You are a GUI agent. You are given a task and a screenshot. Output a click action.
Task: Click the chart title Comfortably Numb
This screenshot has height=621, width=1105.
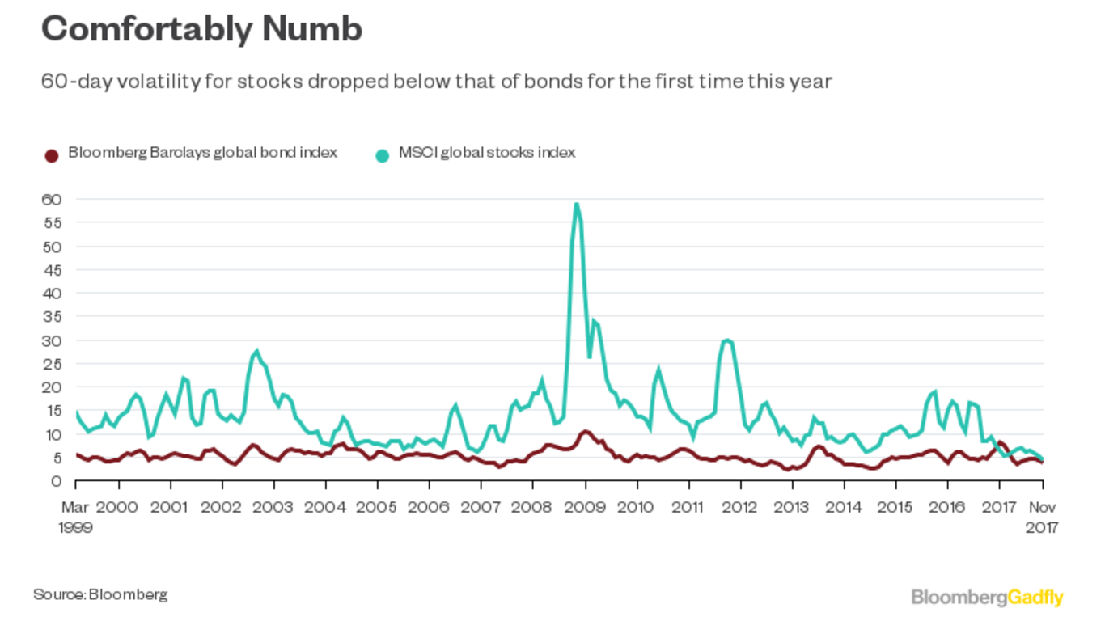(201, 30)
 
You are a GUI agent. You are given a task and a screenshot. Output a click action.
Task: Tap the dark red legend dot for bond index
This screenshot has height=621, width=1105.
(52, 154)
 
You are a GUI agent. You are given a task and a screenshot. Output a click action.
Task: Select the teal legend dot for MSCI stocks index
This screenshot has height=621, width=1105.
(383, 154)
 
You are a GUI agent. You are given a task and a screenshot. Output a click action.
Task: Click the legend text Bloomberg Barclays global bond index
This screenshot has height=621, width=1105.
(202, 153)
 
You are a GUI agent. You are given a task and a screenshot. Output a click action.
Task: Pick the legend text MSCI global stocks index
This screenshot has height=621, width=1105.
(486, 153)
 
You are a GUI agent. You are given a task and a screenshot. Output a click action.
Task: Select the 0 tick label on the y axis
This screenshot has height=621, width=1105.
(56, 481)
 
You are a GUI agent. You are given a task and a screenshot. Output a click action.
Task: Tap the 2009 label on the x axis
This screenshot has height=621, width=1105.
(584, 507)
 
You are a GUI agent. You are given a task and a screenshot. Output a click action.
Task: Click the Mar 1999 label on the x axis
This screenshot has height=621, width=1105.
(75, 517)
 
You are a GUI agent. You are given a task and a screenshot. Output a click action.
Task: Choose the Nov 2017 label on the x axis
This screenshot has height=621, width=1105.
(1042, 517)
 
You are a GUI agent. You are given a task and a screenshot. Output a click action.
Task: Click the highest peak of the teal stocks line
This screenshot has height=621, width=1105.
(576, 204)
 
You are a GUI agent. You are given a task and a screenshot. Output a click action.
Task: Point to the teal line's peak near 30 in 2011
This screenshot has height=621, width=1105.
(727, 340)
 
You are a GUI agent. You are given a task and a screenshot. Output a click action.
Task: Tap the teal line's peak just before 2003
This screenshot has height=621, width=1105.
(256, 351)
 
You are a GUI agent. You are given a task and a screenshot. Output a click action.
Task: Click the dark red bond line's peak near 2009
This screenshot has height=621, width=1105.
(585, 431)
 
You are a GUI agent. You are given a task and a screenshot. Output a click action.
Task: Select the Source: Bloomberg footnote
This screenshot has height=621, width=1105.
(100, 594)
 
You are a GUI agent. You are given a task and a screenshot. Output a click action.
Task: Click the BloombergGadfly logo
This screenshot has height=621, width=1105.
(987, 598)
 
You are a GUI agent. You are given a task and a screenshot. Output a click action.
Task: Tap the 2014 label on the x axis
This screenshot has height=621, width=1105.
(844, 507)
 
